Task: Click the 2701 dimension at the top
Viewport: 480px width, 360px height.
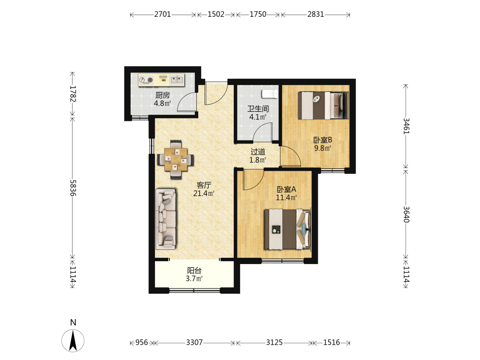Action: tap(163, 14)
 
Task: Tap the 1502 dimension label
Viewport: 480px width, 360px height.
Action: tap(216, 14)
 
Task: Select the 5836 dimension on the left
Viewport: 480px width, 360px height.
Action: tap(73, 188)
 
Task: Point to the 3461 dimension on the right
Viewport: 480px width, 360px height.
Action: tap(406, 126)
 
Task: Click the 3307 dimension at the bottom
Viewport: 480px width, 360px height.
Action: tap(194, 342)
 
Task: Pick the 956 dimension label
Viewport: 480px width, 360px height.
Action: tap(142, 342)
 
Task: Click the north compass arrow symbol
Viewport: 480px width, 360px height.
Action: tap(73, 340)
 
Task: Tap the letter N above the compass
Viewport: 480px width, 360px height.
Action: tap(73, 323)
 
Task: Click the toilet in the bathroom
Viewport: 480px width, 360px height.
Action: tap(270, 94)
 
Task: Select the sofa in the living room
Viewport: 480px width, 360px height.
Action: tap(166, 219)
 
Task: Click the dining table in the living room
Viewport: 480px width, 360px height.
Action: tap(176, 159)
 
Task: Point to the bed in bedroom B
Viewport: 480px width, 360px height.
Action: tap(323, 106)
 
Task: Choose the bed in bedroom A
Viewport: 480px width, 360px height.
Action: tap(288, 229)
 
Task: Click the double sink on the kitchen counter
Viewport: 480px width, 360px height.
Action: tap(177, 80)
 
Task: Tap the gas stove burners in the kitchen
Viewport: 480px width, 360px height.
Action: tap(146, 80)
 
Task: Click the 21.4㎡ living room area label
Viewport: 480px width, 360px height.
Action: tap(204, 193)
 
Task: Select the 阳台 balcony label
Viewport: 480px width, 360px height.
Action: tap(194, 270)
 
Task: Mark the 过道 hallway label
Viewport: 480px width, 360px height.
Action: tap(258, 152)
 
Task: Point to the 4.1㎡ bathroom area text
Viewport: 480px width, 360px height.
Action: tap(258, 117)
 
